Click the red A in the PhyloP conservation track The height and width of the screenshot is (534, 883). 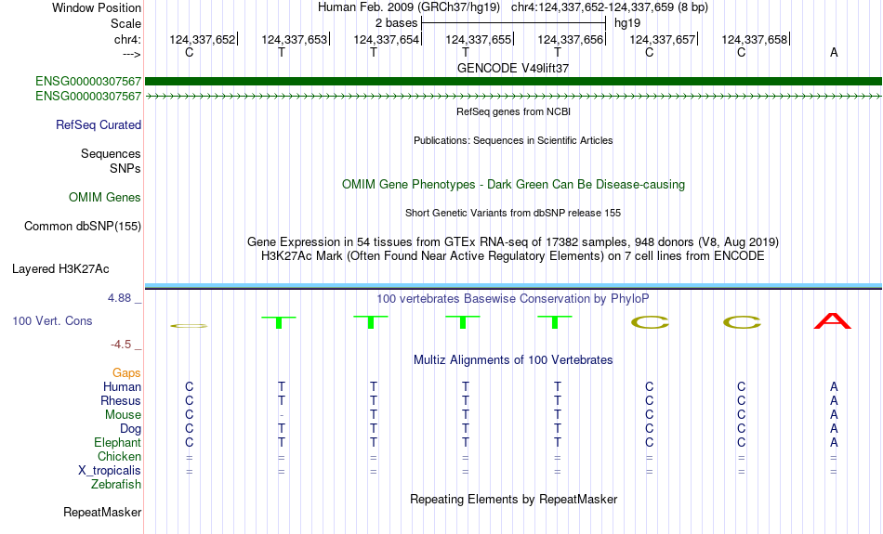[x=833, y=321]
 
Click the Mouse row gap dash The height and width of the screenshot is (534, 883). [x=281, y=415]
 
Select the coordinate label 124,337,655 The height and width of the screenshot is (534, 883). [x=479, y=39]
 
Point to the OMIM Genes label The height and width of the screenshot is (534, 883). [x=105, y=198]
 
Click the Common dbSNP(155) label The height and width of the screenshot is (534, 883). [x=83, y=227]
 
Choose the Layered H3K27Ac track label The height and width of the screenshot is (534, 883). [x=60, y=269]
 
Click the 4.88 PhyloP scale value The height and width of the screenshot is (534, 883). [x=121, y=298]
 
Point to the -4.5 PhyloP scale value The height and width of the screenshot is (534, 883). [x=122, y=345]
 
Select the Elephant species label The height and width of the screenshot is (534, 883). [x=118, y=443]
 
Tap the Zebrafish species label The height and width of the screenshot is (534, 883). [x=116, y=485]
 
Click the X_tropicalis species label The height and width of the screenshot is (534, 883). [x=110, y=471]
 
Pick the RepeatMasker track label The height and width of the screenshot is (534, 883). [x=102, y=513]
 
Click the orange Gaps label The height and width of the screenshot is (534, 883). [x=127, y=372]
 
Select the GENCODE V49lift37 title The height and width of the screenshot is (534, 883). [x=513, y=69]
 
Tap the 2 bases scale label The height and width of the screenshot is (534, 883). [x=395, y=21]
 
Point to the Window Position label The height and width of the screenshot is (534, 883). [x=97, y=7]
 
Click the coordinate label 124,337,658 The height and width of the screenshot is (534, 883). [x=754, y=39]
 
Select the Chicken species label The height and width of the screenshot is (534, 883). [x=120, y=457]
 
